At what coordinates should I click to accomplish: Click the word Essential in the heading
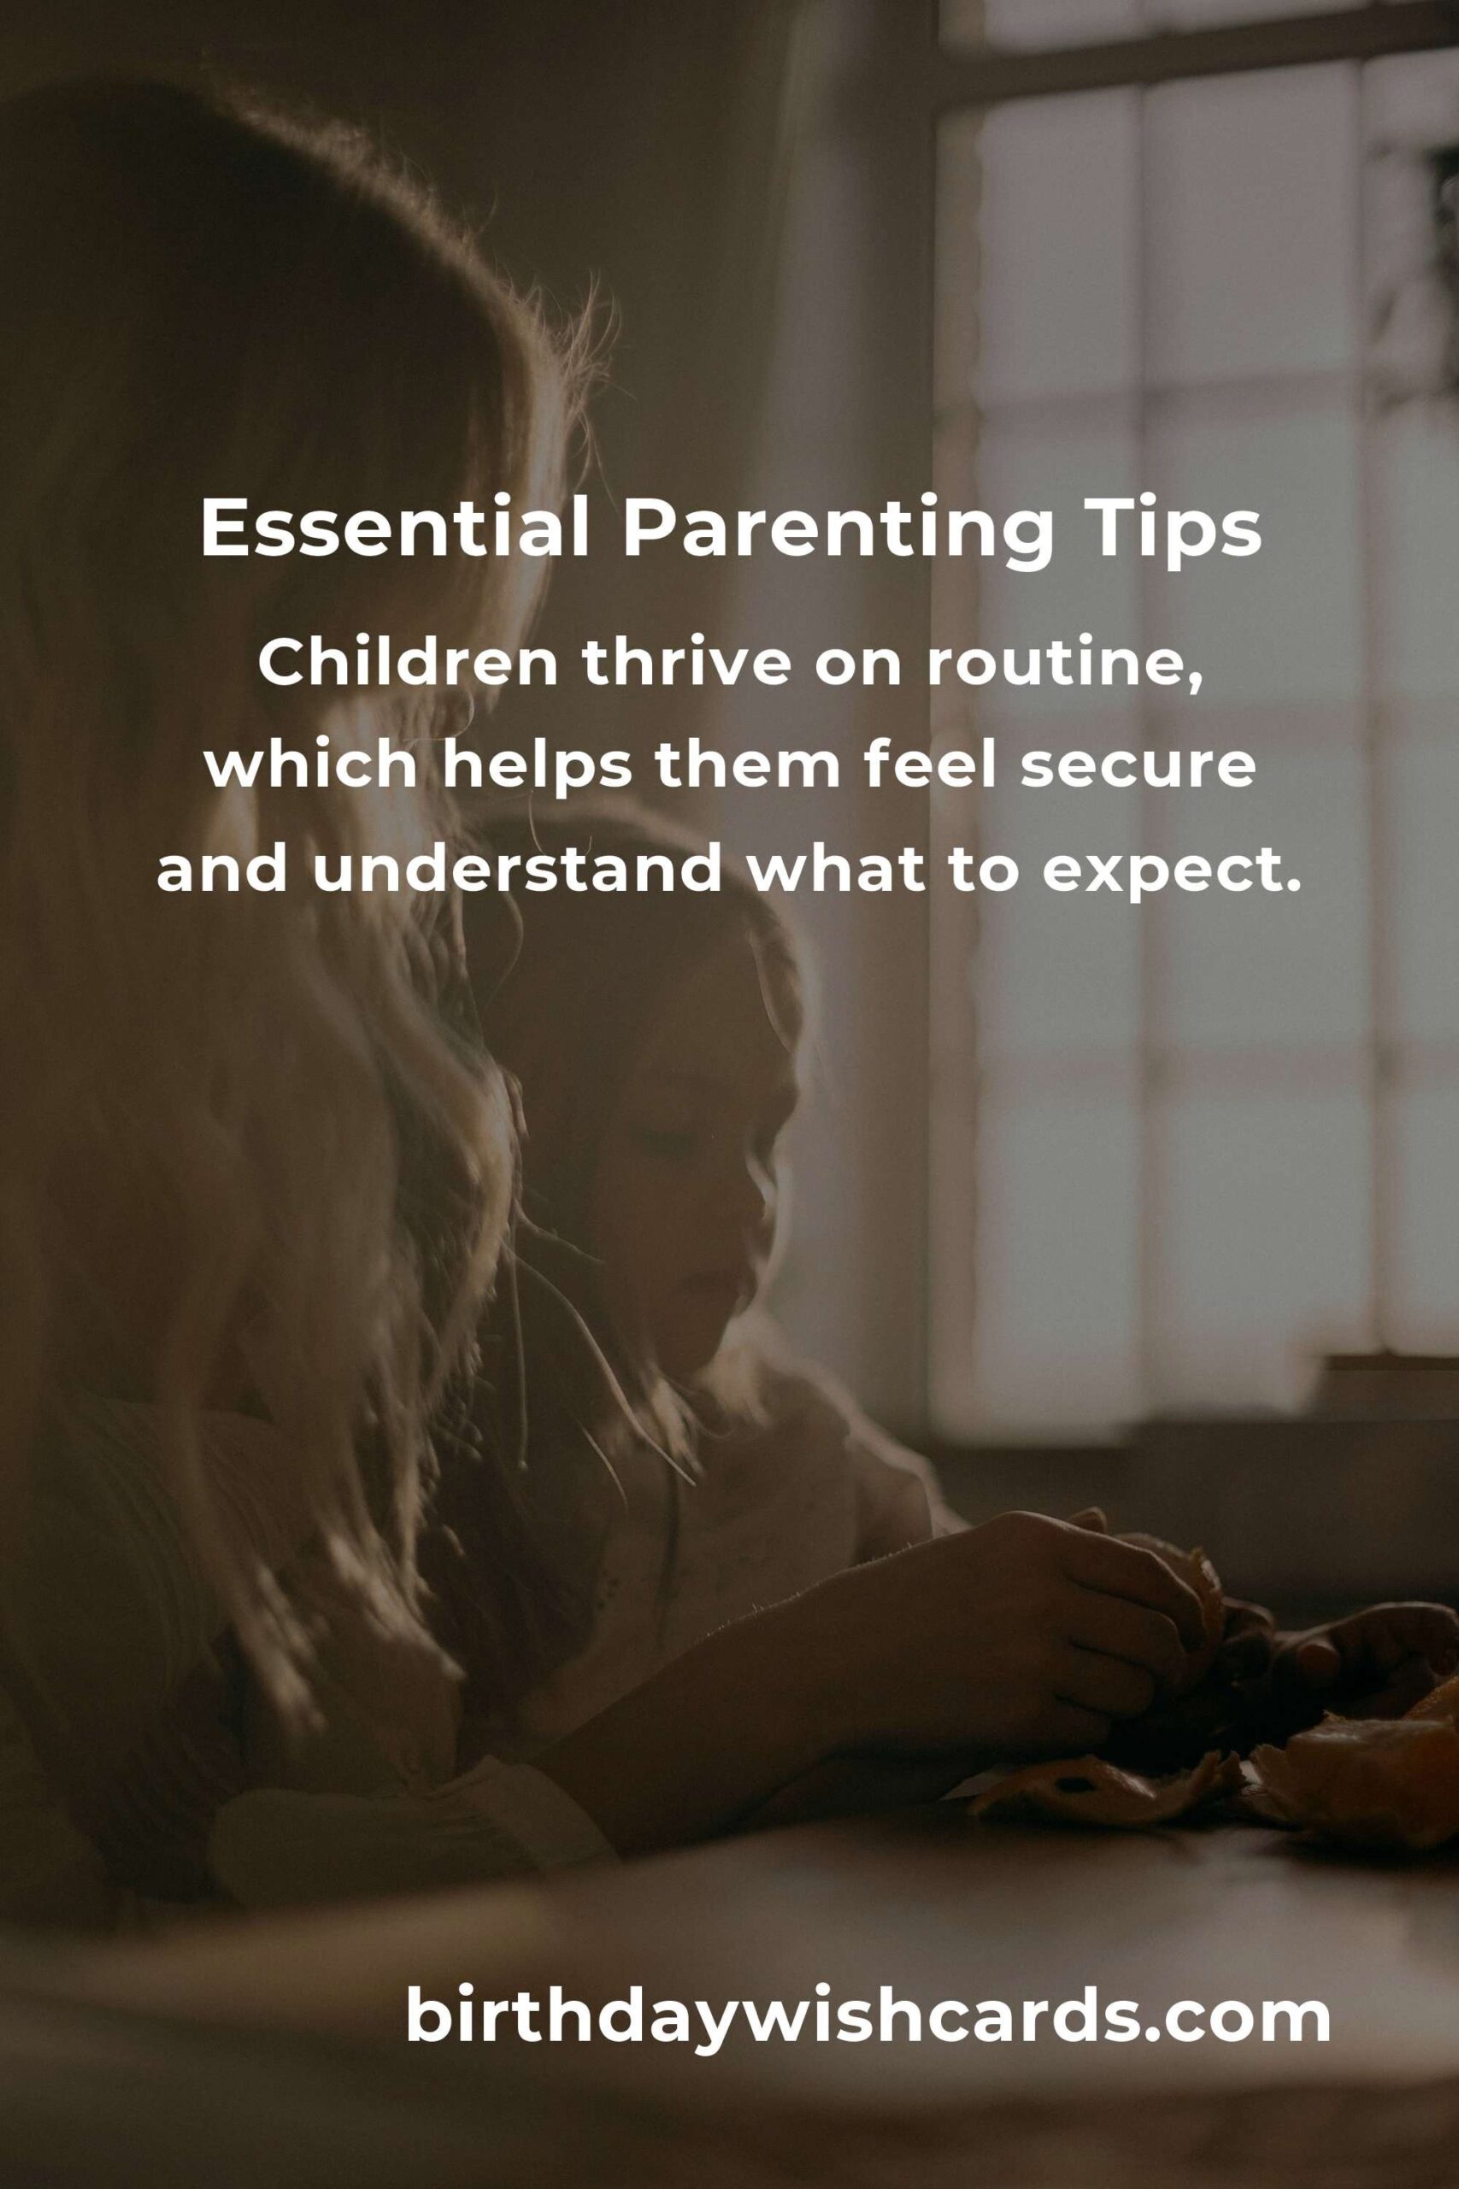(396, 528)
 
